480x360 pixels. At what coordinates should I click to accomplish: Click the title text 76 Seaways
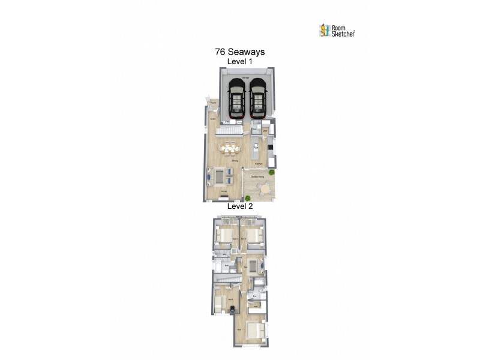[x=240, y=52]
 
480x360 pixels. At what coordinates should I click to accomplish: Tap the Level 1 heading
[x=240, y=62]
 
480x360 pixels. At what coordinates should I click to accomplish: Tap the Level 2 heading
[x=240, y=206]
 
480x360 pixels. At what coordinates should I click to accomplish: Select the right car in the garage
[x=258, y=99]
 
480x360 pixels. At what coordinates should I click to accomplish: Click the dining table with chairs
[x=230, y=149]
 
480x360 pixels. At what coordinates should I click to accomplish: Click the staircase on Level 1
[x=230, y=130]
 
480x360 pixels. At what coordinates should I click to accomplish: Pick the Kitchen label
[x=259, y=163]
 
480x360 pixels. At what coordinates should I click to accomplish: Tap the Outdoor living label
[x=258, y=175]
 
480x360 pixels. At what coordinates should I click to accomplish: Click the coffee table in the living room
[x=220, y=176]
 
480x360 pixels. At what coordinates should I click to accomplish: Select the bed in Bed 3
[x=254, y=236]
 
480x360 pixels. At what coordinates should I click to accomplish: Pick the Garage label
[x=246, y=79]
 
